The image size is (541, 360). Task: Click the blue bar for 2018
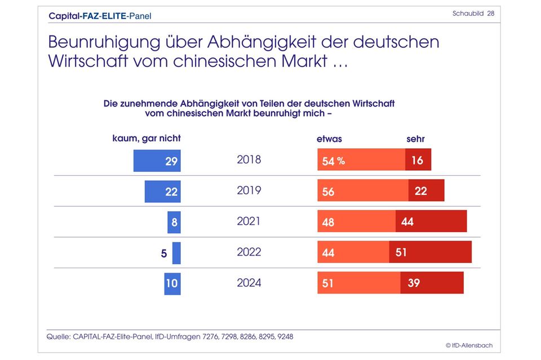click(x=157, y=161)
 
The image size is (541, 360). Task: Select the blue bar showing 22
click(x=162, y=192)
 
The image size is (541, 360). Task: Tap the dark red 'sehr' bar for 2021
click(x=431, y=221)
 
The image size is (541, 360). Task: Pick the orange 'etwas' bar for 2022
click(x=353, y=252)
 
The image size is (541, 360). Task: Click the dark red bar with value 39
click(x=432, y=283)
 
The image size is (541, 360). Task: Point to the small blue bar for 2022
click(x=176, y=253)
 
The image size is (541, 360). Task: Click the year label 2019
click(x=249, y=190)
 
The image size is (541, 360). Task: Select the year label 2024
click(x=249, y=283)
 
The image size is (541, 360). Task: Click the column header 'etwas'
click(x=330, y=139)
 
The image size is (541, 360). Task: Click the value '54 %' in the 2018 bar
click(x=333, y=161)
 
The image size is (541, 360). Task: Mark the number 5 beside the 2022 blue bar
click(x=164, y=254)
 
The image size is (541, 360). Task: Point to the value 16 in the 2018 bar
click(x=417, y=161)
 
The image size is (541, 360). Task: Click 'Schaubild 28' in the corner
click(x=473, y=14)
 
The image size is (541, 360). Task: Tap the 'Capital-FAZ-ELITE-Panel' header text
click(x=100, y=16)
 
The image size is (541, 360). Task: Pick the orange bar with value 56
click(x=363, y=191)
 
